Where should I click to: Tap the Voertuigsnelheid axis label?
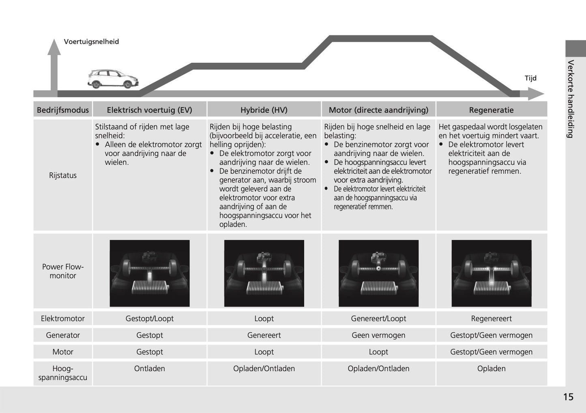pos(91,42)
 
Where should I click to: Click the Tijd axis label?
pos(530,78)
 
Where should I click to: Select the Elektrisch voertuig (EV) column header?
pos(149,110)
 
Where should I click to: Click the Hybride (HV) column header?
pos(264,110)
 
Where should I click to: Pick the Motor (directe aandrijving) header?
pos(378,110)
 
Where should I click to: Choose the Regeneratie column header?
pos(491,110)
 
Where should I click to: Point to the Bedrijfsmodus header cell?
pos(63,110)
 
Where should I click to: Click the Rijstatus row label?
pos(63,175)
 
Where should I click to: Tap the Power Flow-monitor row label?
pos(63,271)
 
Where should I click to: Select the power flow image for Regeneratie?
pos(491,273)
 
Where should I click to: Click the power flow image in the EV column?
pos(150,273)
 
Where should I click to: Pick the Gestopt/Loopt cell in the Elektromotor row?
pos(149,318)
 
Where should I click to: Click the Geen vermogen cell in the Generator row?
pos(378,335)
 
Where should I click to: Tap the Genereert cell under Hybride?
pos(264,335)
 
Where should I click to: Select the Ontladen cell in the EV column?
pos(149,368)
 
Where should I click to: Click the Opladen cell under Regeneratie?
pos(491,368)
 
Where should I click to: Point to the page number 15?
pos(568,397)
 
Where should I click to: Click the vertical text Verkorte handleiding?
pos(571,99)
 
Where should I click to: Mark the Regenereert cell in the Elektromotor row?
pos(491,318)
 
